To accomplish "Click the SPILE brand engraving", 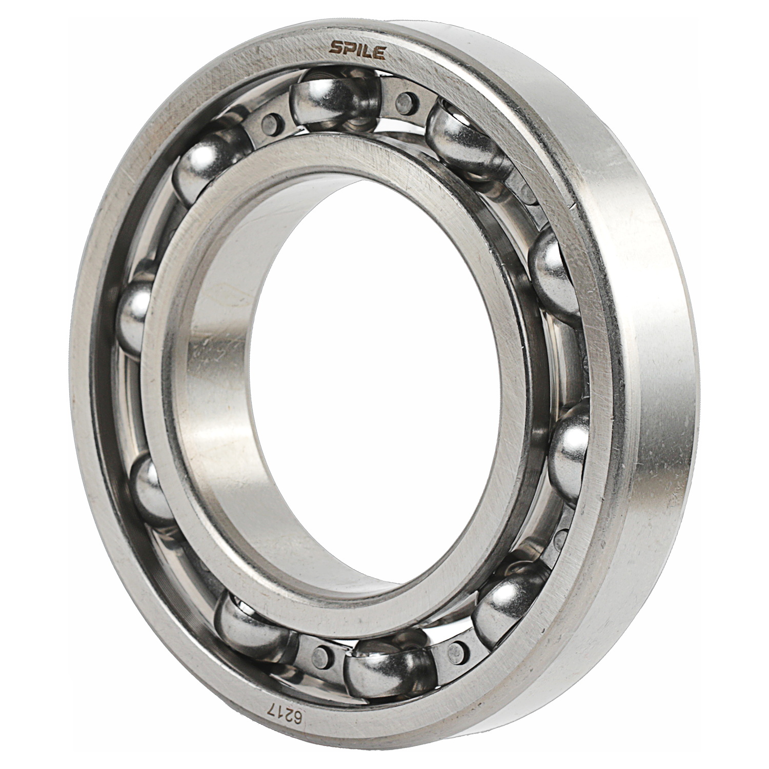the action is point(357,49).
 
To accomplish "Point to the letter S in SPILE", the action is point(336,48).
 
